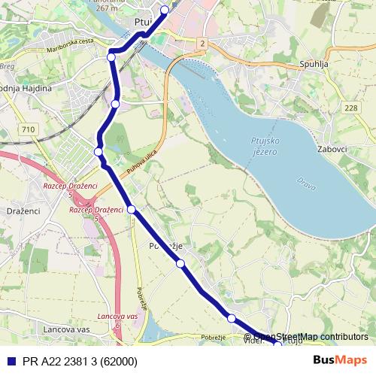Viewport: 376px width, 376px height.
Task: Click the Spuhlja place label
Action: coord(314,65)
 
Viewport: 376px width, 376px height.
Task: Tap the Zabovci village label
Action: coord(332,149)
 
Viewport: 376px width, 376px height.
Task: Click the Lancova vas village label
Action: coord(67,330)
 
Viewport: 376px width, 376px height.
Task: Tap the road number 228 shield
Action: coord(351,108)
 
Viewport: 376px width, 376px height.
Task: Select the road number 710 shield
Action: coord(29,130)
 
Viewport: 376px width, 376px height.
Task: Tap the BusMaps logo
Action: coord(340,360)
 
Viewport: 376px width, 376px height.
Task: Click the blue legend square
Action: coord(11,361)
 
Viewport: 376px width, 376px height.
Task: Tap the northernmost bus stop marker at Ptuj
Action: coord(165,10)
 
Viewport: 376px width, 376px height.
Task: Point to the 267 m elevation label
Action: coord(108,8)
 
